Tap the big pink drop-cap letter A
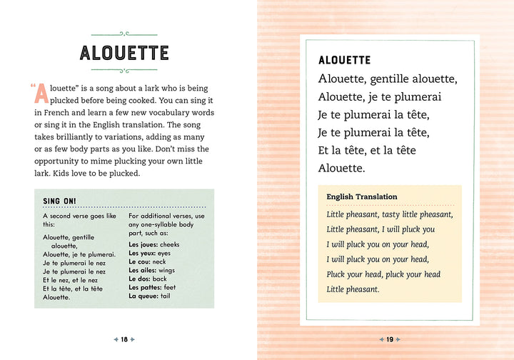(x=43, y=94)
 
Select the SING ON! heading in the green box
(x=60, y=201)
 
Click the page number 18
(x=124, y=339)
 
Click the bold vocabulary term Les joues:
(x=143, y=244)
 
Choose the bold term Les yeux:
(x=142, y=253)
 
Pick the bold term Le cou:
(x=140, y=261)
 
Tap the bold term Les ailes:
(x=143, y=270)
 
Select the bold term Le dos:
(x=140, y=279)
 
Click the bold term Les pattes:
(x=145, y=287)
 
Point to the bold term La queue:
(x=143, y=296)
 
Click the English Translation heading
(x=362, y=196)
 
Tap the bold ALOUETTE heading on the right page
(x=344, y=61)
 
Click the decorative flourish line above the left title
(x=124, y=33)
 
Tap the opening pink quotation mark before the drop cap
(x=33, y=86)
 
